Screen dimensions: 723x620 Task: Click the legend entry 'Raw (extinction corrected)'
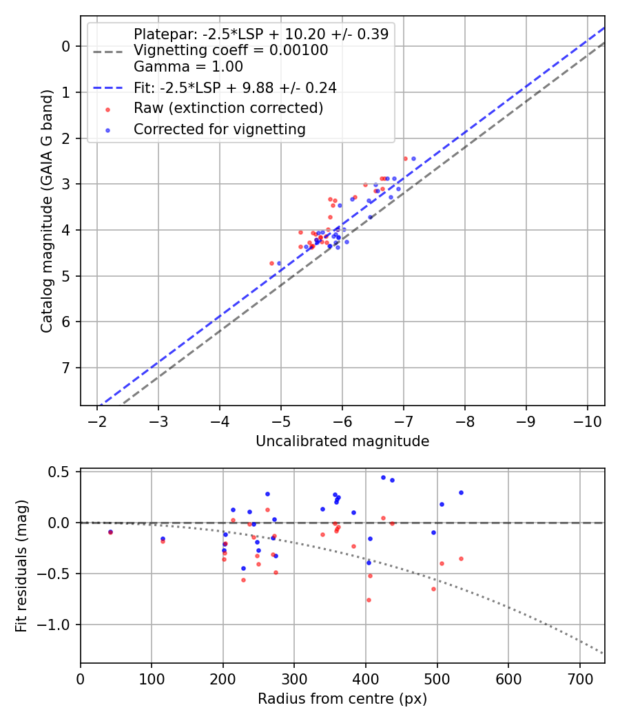coord(228,108)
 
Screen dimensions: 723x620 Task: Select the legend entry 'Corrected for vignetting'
coord(220,129)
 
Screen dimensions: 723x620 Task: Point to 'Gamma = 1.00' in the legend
coord(188,67)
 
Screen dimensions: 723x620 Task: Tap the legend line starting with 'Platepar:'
coord(261,34)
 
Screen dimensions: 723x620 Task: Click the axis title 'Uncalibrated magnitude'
coord(342,441)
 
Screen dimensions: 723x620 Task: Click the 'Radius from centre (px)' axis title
coord(342,699)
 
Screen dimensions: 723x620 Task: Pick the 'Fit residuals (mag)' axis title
coord(21,566)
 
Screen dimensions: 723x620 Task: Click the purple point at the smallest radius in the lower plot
coord(110,532)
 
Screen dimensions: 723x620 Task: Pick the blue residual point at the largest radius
coord(461,492)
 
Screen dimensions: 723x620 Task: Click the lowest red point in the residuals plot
coord(369,600)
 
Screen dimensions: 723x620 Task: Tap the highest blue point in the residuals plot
coord(383,477)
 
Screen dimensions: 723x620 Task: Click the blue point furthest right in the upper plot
coord(413,158)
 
